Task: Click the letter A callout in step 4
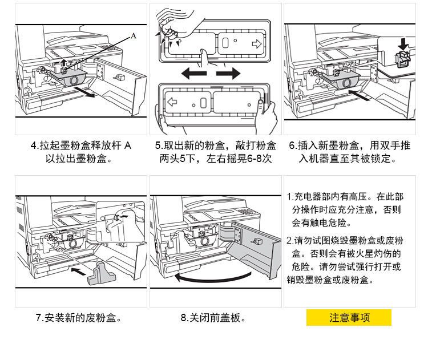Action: pyautogui.click(x=134, y=36)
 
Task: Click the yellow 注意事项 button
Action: pyautogui.click(x=349, y=318)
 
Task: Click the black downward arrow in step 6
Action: pyautogui.click(x=403, y=43)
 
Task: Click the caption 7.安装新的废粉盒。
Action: pyautogui.click(x=82, y=318)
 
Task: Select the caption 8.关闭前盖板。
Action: pyautogui.click(x=213, y=318)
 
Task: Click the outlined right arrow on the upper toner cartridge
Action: pyautogui.click(x=256, y=43)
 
